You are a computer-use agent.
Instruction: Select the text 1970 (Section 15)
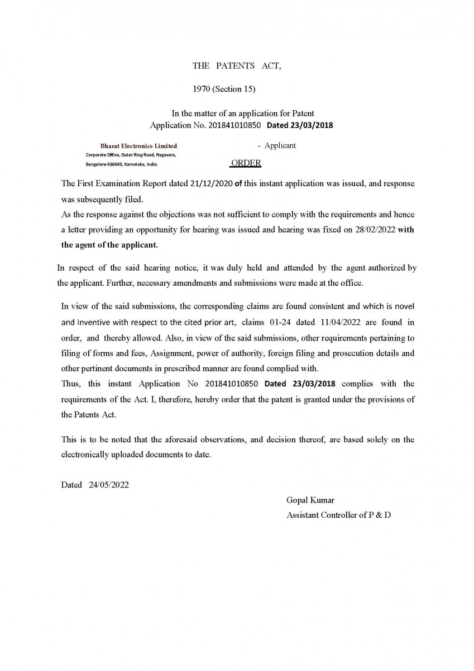pyautogui.click(x=224, y=89)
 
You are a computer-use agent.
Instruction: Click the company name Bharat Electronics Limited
pyautogui.click(x=138, y=146)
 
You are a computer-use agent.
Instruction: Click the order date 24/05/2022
pyautogui.click(x=108, y=485)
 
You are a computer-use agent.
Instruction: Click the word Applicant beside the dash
pyautogui.click(x=280, y=145)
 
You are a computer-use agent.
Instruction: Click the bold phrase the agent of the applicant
pyautogui.click(x=109, y=245)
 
